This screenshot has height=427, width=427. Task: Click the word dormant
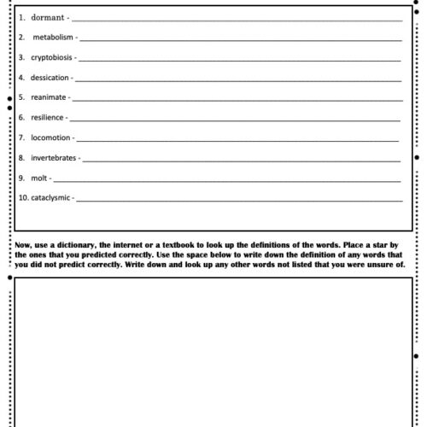(x=47, y=17)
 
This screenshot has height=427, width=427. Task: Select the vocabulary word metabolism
(x=54, y=38)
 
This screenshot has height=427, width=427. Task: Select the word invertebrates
(x=55, y=158)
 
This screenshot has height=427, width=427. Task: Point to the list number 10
(x=23, y=198)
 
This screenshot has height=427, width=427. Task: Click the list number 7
(x=21, y=137)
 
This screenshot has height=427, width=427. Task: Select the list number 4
(x=21, y=78)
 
